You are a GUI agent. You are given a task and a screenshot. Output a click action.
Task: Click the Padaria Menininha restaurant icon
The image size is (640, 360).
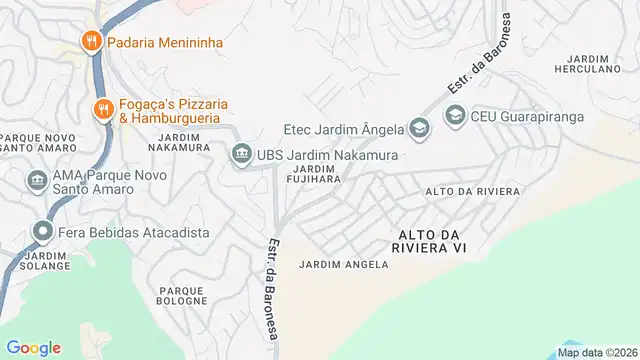pyautogui.click(x=92, y=42)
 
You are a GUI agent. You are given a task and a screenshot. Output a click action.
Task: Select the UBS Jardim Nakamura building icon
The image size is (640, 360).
pyautogui.click(x=240, y=155)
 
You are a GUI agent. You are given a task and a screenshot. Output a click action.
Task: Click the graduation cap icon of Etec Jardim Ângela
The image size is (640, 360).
pyautogui.click(x=418, y=127)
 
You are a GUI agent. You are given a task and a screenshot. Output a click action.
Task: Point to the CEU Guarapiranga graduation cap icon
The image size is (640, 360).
pyautogui.click(x=455, y=116)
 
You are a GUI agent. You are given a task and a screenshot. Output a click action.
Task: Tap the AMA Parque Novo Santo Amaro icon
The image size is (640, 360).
pyautogui.click(x=37, y=180)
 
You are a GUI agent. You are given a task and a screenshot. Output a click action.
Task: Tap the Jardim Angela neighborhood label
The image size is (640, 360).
pyautogui.click(x=341, y=264)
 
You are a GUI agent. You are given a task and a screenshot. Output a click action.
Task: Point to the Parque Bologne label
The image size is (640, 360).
pyautogui.click(x=181, y=294)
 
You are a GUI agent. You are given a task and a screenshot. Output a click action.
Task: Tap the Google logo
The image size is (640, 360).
pyautogui.click(x=34, y=347)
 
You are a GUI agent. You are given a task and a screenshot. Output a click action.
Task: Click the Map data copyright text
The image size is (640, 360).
pyautogui.click(x=597, y=352)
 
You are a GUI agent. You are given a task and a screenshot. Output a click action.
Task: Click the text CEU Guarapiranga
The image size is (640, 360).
pyautogui.click(x=527, y=116)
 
